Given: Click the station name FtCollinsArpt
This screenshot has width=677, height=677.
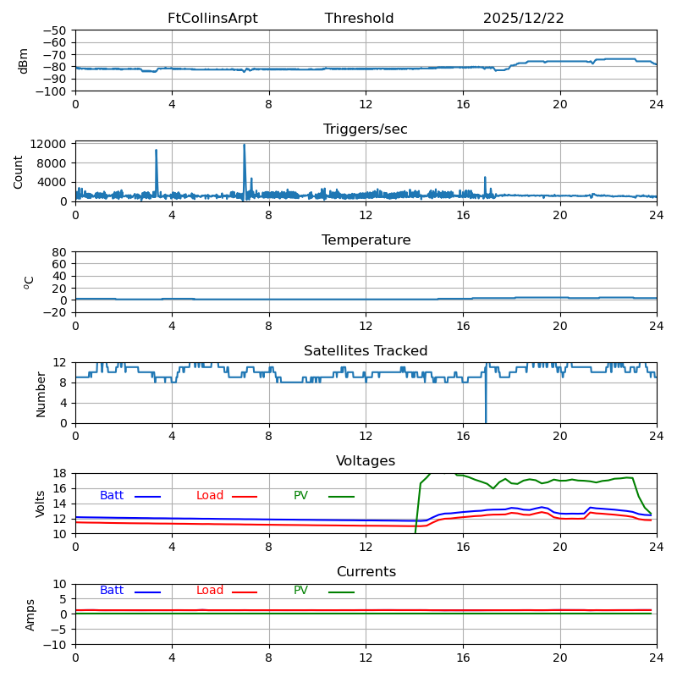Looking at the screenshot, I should [x=212, y=19].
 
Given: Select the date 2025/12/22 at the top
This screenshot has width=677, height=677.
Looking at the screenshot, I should [x=523, y=19].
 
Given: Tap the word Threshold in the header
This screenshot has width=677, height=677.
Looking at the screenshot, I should [x=359, y=19].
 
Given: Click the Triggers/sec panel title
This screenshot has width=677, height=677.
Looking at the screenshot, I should [x=366, y=129].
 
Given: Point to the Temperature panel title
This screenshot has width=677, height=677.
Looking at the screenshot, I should [x=366, y=240].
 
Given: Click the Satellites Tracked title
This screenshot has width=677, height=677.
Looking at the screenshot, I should [x=366, y=351].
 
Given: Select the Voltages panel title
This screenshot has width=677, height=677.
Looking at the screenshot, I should [x=366, y=461].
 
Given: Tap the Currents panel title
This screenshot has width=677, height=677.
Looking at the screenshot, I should [x=366, y=572].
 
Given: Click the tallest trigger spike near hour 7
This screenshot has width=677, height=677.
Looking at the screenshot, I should [x=245, y=146].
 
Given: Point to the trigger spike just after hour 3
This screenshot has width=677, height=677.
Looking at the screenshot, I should [x=156, y=151].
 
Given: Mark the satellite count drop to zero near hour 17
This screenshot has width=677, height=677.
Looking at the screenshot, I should [x=486, y=421].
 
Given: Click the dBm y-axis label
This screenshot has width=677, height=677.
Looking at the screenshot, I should [x=24, y=61].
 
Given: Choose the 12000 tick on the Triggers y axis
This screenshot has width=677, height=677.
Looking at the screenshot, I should [x=50, y=144].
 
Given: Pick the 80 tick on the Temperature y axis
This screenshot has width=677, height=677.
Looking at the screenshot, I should [x=60, y=252].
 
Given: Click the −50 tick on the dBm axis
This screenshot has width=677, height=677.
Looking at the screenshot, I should [x=54, y=30].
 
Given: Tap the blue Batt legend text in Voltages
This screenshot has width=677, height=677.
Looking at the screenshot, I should [x=112, y=496].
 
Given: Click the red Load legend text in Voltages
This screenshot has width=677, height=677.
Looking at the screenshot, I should [x=210, y=496].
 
